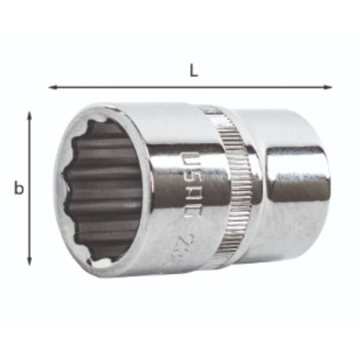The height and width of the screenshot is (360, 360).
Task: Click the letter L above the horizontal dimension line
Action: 193,71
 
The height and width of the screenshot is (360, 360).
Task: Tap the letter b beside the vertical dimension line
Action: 19,189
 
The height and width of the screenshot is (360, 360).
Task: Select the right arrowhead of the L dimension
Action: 329,87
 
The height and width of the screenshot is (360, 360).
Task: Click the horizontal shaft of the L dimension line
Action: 190,87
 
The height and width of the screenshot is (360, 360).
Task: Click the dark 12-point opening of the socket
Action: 103,190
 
